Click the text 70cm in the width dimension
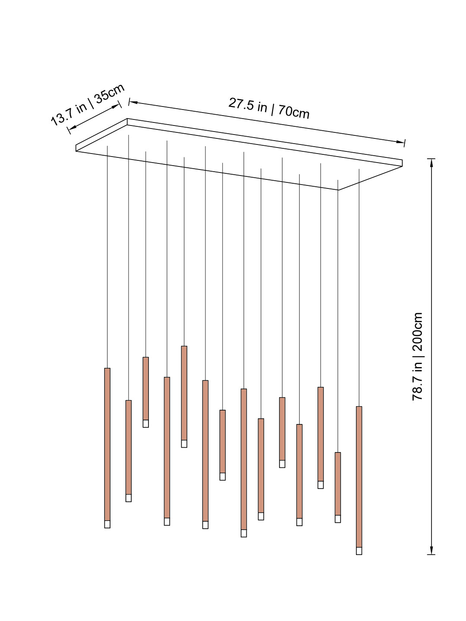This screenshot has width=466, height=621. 294,111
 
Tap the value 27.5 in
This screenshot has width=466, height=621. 248,104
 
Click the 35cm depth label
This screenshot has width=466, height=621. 110,94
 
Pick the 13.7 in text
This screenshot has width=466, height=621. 69,114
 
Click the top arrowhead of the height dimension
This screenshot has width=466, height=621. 431,162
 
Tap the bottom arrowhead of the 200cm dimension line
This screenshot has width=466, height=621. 431,551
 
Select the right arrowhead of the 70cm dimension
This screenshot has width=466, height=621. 400,141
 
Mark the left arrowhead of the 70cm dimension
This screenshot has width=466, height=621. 133,102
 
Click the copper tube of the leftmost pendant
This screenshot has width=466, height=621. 107,444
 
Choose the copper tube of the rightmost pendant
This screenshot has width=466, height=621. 359,477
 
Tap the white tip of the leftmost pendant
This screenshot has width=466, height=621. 107,524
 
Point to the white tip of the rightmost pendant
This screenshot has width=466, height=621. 359,551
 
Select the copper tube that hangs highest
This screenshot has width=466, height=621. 184,392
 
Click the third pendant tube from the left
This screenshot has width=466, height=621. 146,388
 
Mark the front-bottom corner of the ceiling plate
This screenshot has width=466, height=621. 338,190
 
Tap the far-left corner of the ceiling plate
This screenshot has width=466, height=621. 76,148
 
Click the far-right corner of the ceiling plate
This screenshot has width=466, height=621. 402,163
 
